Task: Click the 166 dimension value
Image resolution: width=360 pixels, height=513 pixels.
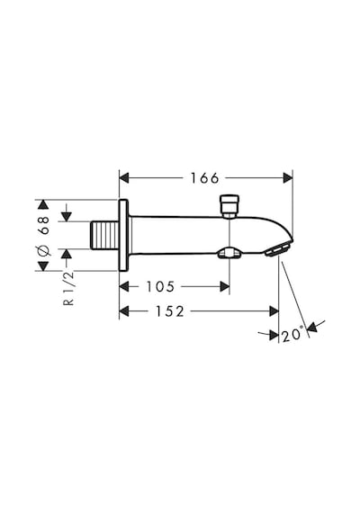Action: [205, 178]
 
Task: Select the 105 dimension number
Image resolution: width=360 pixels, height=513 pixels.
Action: [161, 286]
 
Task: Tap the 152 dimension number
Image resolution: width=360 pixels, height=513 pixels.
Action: [170, 311]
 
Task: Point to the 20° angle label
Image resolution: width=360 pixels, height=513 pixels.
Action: [292, 335]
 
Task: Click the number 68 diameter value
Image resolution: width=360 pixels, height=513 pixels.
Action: [43, 225]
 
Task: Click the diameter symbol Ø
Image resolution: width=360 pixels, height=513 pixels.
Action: [43, 251]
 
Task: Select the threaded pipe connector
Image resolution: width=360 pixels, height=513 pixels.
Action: [104, 235]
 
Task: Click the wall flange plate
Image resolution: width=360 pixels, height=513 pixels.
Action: [123, 235]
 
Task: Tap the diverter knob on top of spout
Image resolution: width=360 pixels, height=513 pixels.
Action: [229, 206]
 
